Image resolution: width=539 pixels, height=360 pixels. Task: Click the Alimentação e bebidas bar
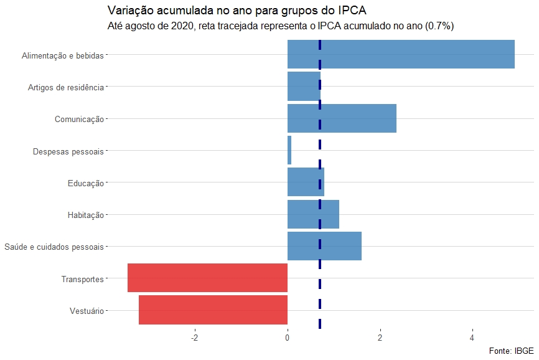pyautogui.click(x=401, y=54)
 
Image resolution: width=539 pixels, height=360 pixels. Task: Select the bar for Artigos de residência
pyautogui.click(x=304, y=87)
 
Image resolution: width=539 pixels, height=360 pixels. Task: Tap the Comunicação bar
pyautogui.click(x=342, y=118)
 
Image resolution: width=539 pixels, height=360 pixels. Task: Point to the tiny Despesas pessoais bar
pyautogui.click(x=289, y=151)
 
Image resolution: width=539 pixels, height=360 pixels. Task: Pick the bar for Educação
pyautogui.click(x=306, y=182)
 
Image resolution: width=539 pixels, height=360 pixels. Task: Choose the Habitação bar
pyautogui.click(x=313, y=214)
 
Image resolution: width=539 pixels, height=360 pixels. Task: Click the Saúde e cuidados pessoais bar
pyautogui.click(x=324, y=246)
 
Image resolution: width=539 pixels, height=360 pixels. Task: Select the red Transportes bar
pyautogui.click(x=207, y=278)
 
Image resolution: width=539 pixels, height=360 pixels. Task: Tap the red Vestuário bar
pyautogui.click(x=213, y=310)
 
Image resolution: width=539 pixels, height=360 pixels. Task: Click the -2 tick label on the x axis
pyautogui.click(x=195, y=338)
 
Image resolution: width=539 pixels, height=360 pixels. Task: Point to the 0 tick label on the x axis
pyautogui.click(x=288, y=338)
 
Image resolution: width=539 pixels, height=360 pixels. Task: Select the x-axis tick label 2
pyautogui.click(x=380, y=338)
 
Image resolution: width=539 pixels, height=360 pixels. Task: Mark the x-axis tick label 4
pyautogui.click(x=472, y=338)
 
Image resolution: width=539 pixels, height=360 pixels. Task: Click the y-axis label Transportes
pyautogui.click(x=82, y=279)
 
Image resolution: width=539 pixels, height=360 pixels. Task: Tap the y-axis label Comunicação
pyautogui.click(x=79, y=119)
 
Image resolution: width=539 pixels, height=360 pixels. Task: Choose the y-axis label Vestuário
pyautogui.click(x=87, y=311)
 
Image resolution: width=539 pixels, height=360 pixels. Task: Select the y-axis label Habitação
pyautogui.click(x=85, y=216)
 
